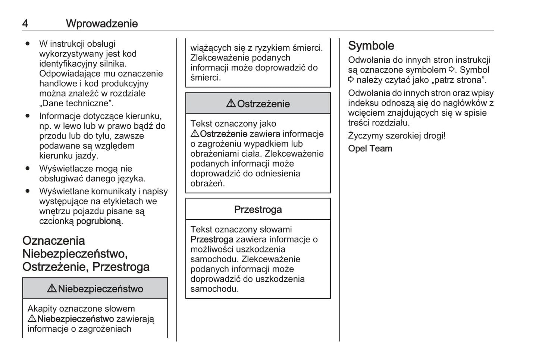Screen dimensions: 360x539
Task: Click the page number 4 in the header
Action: point(25,24)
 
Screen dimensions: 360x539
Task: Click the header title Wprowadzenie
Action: point(102,24)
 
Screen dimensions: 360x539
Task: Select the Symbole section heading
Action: point(371,46)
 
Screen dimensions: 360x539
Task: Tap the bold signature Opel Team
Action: point(370,148)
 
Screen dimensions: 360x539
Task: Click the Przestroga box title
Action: point(258,210)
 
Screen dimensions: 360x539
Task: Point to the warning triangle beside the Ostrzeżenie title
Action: point(231,103)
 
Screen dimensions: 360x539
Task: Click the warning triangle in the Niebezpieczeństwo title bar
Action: point(52,288)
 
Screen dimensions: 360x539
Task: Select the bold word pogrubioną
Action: point(98,221)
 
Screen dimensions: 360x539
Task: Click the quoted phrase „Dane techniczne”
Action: point(76,103)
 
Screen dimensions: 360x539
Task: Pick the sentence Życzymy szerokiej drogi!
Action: point(397,135)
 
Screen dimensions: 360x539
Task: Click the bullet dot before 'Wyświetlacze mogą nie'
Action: point(28,168)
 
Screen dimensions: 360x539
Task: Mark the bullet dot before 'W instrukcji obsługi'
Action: point(28,44)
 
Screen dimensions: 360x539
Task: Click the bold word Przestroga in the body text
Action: point(211,240)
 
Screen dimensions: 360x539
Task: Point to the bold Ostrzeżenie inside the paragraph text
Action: point(223,134)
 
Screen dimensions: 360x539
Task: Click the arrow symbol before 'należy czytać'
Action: point(351,80)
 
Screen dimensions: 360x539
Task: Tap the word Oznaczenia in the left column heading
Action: point(53,241)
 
